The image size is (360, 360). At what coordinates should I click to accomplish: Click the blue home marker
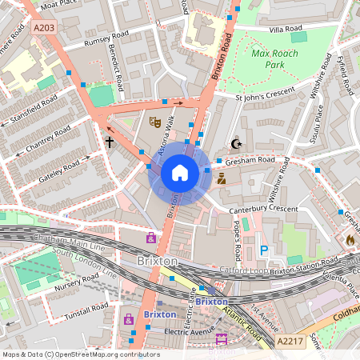tap(180, 172)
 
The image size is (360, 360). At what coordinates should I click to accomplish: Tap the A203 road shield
tap(46, 28)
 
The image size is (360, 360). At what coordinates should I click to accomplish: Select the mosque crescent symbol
tap(235, 144)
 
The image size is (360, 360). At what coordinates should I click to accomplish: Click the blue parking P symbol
tap(264, 251)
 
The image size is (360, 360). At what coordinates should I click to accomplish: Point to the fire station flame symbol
tap(350, 238)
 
